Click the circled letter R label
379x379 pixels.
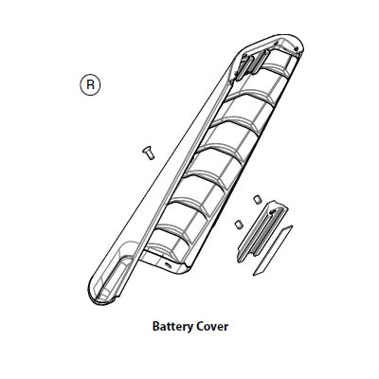click(x=90, y=85)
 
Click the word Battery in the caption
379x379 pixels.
click(x=172, y=327)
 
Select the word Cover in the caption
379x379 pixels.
click(x=212, y=326)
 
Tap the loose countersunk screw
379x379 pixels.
click(x=148, y=153)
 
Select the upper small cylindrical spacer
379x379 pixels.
click(x=257, y=200)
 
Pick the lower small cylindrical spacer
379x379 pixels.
click(x=239, y=225)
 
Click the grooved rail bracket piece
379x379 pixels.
click(x=262, y=232)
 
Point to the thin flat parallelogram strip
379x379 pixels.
click(x=273, y=250)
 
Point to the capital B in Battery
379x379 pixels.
click(x=156, y=326)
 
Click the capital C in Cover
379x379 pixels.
click(x=200, y=326)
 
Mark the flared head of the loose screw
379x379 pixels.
click(x=146, y=149)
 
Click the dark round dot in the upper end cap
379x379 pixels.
click(x=296, y=48)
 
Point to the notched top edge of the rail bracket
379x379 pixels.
click(x=277, y=203)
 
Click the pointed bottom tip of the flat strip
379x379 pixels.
click(x=254, y=275)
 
